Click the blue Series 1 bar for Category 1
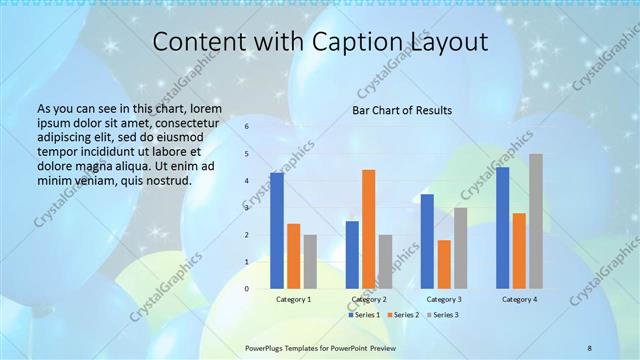tap(277, 231)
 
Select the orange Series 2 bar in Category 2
tap(369, 229)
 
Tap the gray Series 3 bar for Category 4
tap(536, 221)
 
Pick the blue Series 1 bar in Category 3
tap(427, 241)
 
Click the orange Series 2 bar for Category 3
tap(444, 264)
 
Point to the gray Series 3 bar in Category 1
tap(310, 262)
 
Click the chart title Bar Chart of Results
tap(403, 110)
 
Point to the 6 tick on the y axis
tap(246, 127)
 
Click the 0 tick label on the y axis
tap(246, 289)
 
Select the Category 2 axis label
tap(370, 299)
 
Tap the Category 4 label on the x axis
tap(520, 299)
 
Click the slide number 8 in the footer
tap(589, 346)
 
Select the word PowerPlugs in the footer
tap(267, 346)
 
